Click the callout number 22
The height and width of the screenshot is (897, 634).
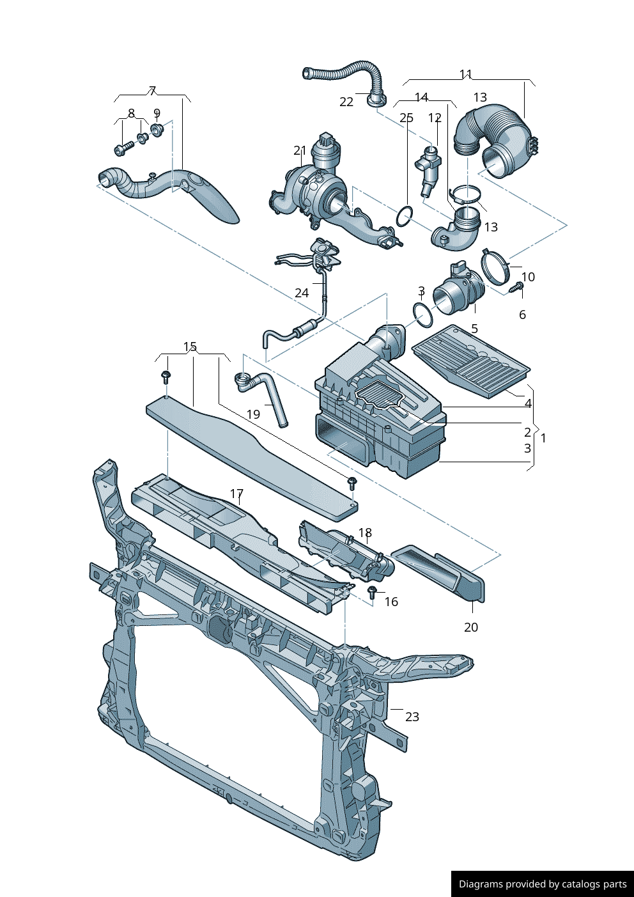(346, 102)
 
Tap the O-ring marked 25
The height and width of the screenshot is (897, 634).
(405, 216)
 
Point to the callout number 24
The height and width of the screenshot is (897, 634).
(302, 293)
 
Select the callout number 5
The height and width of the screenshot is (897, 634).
(474, 329)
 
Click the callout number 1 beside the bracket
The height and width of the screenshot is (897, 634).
(543, 438)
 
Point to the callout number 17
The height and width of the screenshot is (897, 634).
(236, 494)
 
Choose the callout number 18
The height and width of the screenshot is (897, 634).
(365, 533)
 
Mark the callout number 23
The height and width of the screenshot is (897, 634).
(412, 717)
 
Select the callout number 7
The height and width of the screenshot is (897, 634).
(152, 91)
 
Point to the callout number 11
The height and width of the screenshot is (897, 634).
(466, 75)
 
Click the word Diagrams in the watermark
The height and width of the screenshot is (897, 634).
(481, 884)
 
